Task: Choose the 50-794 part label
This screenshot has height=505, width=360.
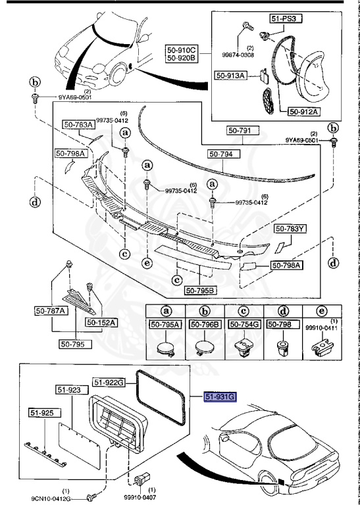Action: coord(224,154)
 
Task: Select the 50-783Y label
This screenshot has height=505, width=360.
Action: coord(290,229)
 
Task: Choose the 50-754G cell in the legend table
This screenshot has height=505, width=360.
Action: coord(245,324)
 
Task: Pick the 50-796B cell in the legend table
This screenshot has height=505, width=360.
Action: coord(205,324)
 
